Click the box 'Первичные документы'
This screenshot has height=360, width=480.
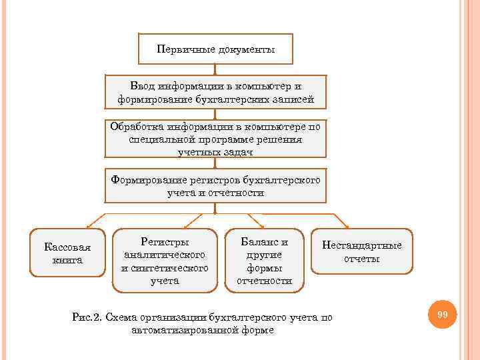point(215,49)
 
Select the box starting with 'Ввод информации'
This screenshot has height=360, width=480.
point(215,93)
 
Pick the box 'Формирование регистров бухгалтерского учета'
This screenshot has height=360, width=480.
point(215,185)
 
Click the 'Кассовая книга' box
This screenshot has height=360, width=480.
point(67,253)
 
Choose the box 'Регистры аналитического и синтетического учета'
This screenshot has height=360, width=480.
point(165,261)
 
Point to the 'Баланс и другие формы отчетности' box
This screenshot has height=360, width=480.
point(265,261)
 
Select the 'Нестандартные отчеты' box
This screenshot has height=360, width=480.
point(362,251)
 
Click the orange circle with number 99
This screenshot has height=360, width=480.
point(442,314)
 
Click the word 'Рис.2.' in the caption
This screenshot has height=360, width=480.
point(86,317)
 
